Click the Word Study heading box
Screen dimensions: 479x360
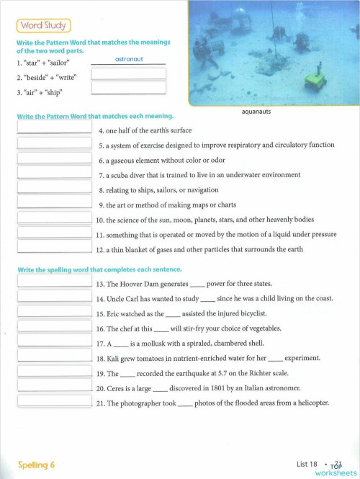43,26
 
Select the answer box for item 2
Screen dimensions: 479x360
129,74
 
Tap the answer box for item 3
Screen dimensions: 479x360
129,88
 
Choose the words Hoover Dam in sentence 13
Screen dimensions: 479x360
139,285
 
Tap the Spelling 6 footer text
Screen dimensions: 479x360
37,465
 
